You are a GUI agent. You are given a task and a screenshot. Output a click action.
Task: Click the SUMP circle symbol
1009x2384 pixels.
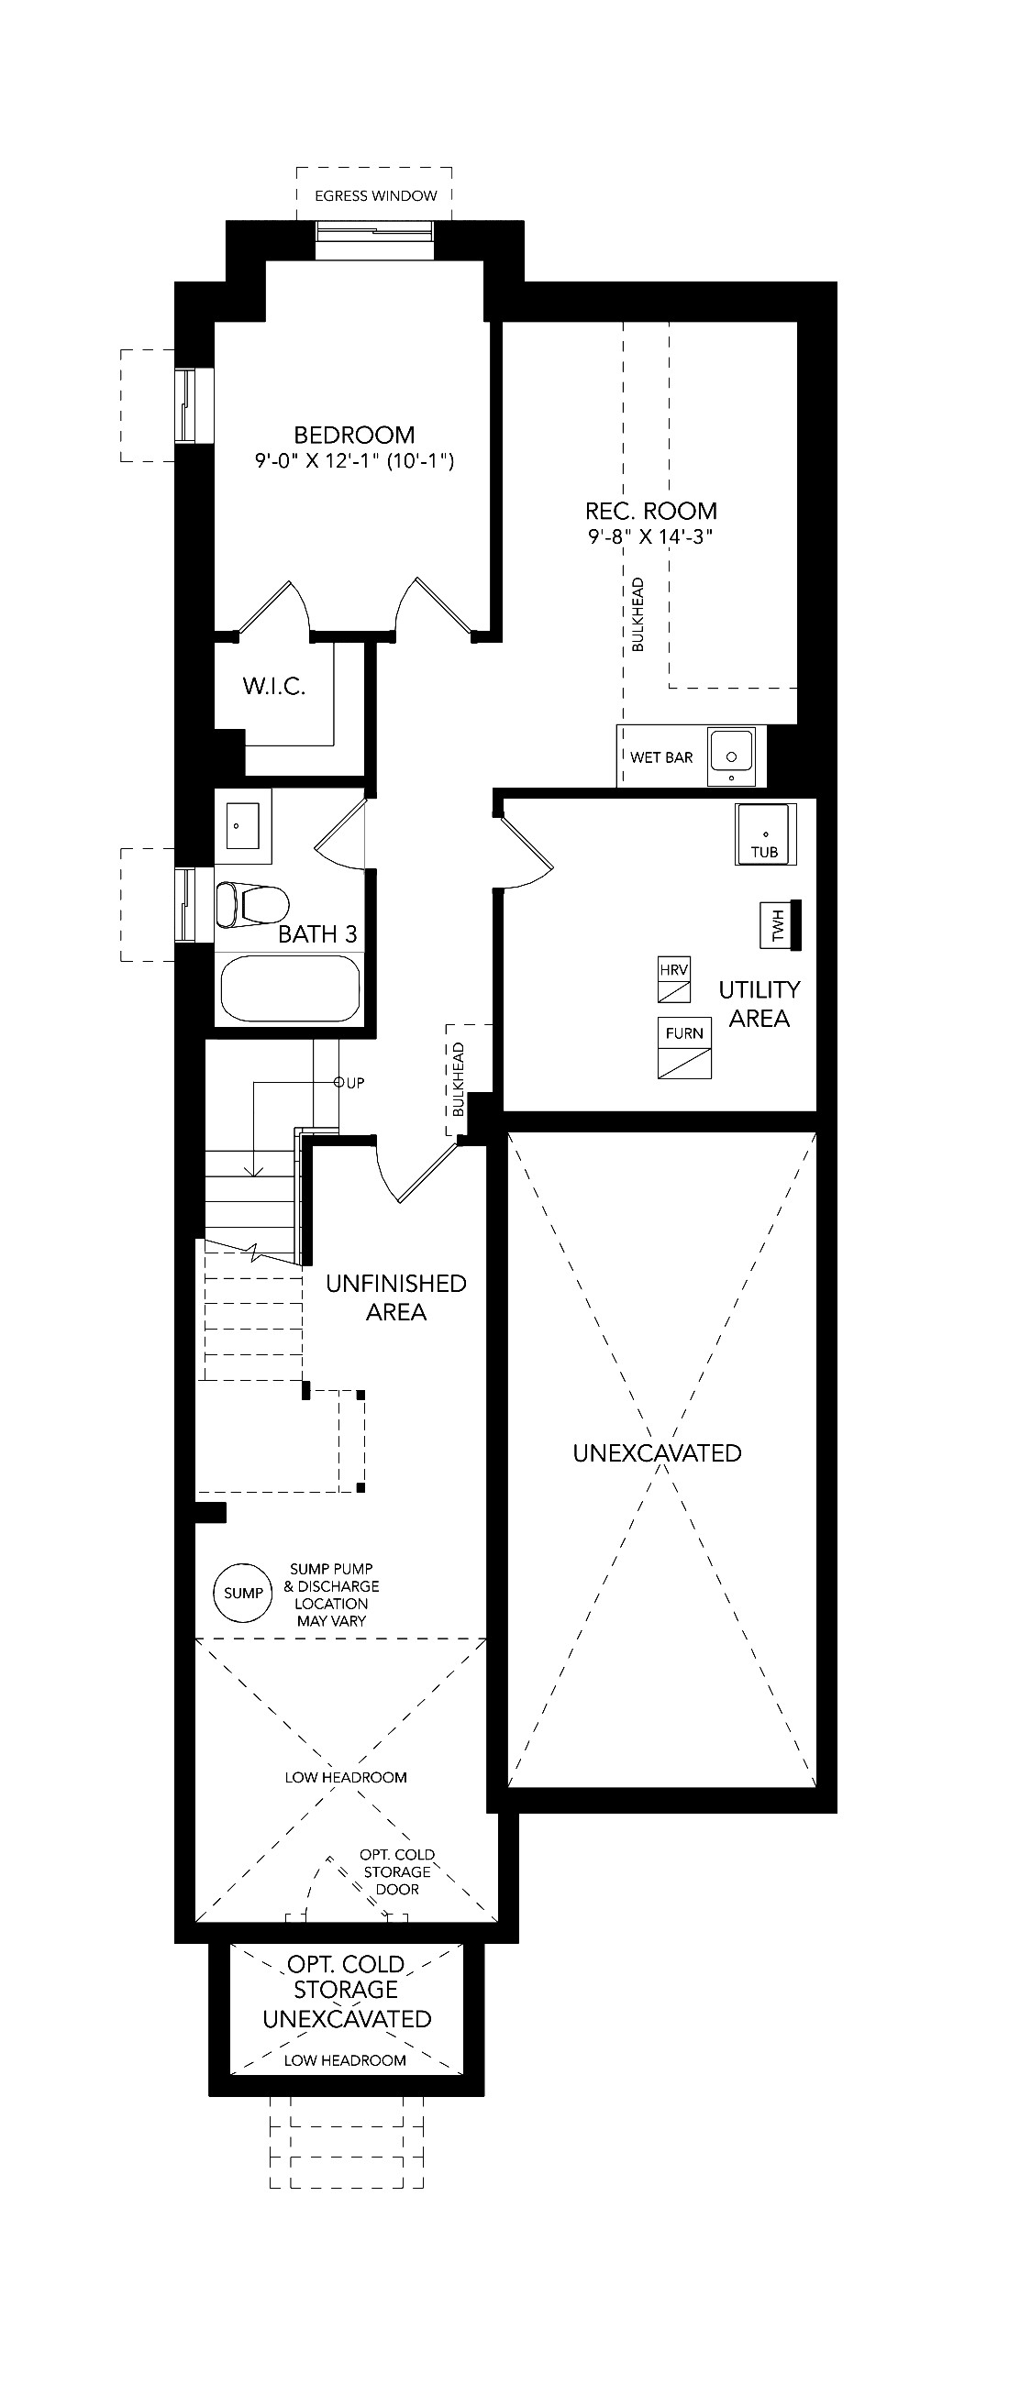pos(243,1593)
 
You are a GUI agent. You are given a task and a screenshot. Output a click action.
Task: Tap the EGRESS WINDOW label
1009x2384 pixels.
pos(376,196)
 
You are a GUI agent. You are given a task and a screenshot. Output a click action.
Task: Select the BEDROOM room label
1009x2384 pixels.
pos(355,434)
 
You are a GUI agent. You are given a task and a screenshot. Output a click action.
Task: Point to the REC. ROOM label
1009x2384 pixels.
pos(650,511)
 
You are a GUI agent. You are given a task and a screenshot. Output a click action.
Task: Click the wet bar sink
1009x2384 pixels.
pos(732,756)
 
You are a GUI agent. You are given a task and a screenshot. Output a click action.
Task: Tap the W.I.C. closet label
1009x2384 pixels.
pos(274,686)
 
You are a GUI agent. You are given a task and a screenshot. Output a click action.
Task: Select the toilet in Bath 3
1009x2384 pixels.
pos(251,904)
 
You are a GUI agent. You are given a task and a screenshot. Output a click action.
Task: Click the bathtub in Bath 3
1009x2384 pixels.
pos(290,988)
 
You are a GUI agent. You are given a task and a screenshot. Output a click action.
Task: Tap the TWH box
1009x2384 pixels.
pos(781,925)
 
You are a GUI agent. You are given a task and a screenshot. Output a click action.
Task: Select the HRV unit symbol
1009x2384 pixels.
pos(674,980)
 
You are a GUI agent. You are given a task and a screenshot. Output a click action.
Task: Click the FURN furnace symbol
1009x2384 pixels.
pos(685,1049)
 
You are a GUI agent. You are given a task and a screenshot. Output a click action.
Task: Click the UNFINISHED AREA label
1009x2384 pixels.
pos(396,1297)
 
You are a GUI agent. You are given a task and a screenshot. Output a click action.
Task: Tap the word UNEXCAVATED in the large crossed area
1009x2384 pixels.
pos(658,1453)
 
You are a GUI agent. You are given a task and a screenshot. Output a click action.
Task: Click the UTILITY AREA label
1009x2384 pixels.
pos(760,1004)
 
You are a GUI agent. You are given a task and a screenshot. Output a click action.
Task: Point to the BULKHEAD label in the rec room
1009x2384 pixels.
pos(638,615)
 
